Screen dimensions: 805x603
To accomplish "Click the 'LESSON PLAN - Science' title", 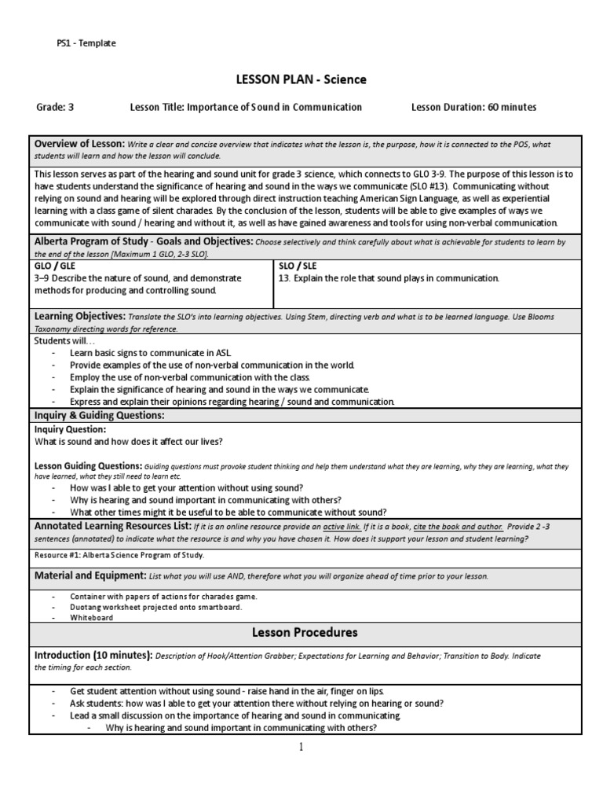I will point(301,79).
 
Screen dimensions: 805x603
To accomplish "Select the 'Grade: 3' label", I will point(54,107).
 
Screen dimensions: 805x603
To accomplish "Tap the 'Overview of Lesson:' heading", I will point(79,144).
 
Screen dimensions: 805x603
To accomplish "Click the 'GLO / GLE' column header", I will point(55,266).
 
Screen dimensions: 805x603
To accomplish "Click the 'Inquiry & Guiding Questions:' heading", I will point(99,414).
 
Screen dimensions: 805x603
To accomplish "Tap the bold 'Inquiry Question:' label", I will point(70,429).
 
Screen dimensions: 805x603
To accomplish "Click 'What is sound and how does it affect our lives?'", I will point(129,441).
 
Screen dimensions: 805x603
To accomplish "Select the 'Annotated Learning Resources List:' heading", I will point(111,524).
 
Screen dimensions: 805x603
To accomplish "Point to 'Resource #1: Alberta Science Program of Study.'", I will point(119,555).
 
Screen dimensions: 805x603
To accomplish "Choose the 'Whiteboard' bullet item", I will point(91,618).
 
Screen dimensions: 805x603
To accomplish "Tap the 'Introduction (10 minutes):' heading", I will point(93,655).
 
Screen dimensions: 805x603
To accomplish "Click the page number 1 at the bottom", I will point(300,747).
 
